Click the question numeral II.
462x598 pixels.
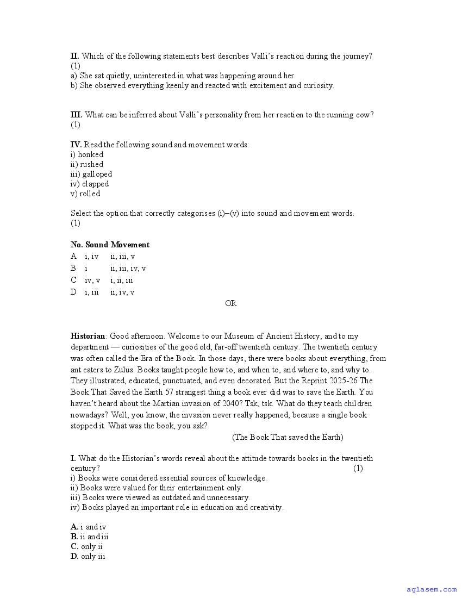coord(75,56)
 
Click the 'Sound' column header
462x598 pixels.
coord(97,245)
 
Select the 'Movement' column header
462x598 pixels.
coord(130,245)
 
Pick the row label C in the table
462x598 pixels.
coord(74,280)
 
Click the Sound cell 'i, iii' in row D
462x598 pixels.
coord(91,292)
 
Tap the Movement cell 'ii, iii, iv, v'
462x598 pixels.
coord(128,268)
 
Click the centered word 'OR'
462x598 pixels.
coord(230,303)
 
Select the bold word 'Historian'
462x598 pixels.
coord(88,336)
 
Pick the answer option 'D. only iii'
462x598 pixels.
coord(88,556)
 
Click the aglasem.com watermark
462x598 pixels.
coord(432,589)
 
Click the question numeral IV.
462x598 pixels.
coord(76,145)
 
